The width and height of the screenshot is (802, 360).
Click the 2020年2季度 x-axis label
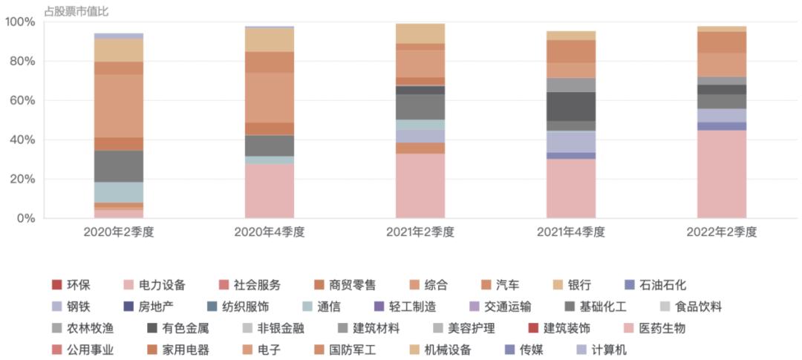(x=118, y=232)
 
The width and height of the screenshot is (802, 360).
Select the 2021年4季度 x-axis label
(x=572, y=232)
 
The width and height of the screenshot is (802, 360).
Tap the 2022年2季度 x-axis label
(x=722, y=232)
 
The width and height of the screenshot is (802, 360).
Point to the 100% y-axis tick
(x=20, y=22)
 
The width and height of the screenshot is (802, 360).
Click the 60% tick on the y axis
(x=22, y=100)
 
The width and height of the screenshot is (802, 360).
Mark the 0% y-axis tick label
(x=25, y=218)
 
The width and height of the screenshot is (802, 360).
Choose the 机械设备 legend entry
(x=447, y=350)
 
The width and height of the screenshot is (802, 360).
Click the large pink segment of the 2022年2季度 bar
(x=722, y=174)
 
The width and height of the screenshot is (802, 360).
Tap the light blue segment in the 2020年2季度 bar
(x=118, y=192)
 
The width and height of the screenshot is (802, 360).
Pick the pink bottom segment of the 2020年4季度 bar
(x=270, y=192)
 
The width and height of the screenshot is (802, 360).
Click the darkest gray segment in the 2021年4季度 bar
(x=571, y=107)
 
